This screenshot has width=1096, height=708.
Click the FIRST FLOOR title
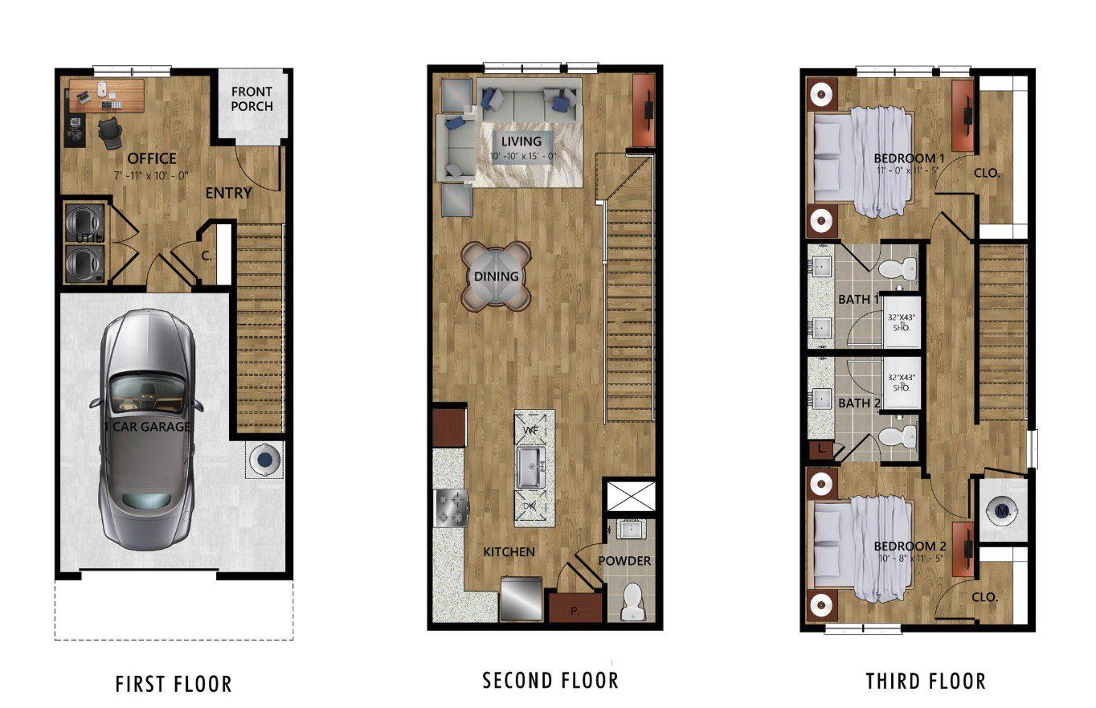(x=174, y=684)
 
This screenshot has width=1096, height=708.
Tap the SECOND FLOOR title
(x=550, y=680)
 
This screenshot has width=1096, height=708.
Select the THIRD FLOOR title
(x=926, y=681)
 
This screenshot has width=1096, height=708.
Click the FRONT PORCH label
(x=252, y=99)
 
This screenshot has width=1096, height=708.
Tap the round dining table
(x=496, y=276)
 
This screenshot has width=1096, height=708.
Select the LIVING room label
(x=521, y=141)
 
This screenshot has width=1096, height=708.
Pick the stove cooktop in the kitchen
(x=450, y=506)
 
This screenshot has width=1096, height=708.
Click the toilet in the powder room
(x=633, y=601)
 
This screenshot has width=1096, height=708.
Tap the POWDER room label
(x=624, y=560)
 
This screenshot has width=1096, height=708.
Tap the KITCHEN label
(x=509, y=552)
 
